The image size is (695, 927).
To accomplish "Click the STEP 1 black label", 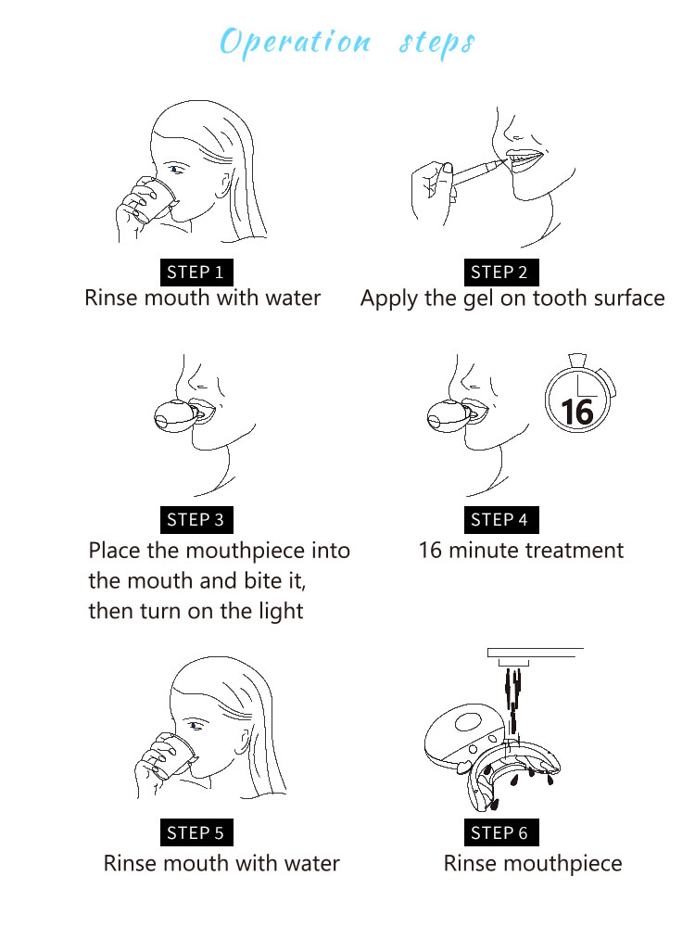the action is tap(196, 273).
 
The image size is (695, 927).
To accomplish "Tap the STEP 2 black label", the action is tap(501, 273).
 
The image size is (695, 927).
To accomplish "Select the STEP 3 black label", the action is tap(196, 520).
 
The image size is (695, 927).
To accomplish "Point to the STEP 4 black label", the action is tap(501, 520).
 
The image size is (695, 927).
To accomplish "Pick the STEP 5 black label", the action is tap(196, 833).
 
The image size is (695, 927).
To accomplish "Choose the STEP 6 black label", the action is tap(501, 833).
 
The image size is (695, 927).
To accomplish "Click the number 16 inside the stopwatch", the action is tap(576, 412).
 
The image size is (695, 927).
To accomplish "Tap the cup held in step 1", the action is tap(155, 198).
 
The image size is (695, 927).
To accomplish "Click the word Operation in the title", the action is tap(296, 43).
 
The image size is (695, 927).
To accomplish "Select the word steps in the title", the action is tap(437, 44).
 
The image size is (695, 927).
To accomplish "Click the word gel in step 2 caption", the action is tap(478, 299).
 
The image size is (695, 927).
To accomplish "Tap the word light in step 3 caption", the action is tap(282, 612).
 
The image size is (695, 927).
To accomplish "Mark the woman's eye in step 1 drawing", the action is tap(176, 170).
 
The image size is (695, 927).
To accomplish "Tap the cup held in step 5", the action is tap(174, 755).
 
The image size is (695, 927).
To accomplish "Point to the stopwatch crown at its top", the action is tap(577, 360).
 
